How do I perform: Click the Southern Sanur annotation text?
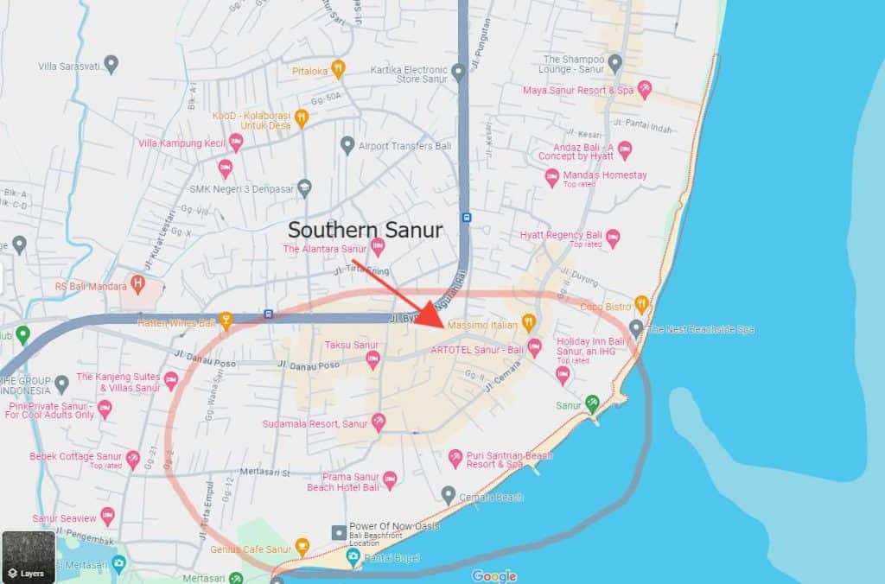point(365,231)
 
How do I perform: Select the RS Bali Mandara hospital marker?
point(137,283)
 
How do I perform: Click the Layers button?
point(28,556)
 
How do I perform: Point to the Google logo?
point(494,575)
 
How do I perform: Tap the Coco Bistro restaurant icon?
point(641,304)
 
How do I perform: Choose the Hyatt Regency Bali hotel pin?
point(613,235)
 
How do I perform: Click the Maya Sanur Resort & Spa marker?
point(644,90)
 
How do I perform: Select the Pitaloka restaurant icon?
point(339,69)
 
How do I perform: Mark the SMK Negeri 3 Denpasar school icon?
point(304,187)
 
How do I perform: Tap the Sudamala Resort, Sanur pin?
point(378,422)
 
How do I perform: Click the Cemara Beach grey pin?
point(448,495)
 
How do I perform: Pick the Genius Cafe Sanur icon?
point(302,546)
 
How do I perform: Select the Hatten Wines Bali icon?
point(226,321)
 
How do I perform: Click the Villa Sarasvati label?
point(71,66)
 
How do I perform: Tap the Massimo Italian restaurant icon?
point(530,323)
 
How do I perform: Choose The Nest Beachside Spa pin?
point(636,327)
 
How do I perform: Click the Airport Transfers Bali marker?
point(347,144)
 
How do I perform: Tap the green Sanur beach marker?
point(591,403)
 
